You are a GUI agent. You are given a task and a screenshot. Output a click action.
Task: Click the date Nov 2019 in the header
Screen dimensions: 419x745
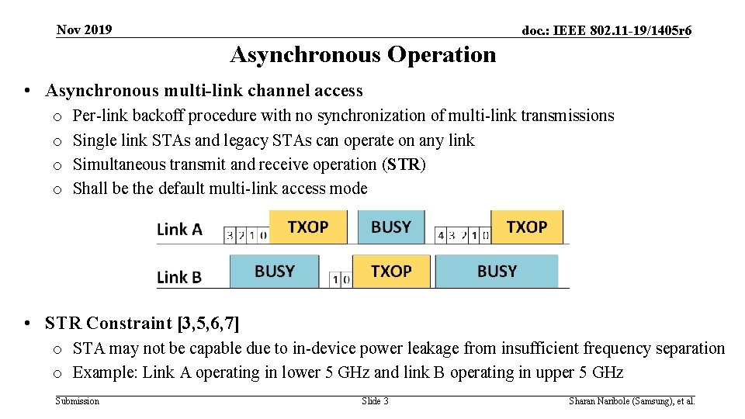[84, 30]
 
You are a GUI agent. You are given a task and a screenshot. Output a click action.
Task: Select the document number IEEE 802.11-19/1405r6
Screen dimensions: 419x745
[607, 31]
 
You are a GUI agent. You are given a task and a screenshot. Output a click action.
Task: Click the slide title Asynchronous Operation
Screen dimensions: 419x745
[362, 55]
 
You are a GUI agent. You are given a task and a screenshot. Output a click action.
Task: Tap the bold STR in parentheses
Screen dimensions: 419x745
[404, 164]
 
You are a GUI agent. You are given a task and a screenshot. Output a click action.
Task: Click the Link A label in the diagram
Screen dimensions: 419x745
[179, 229]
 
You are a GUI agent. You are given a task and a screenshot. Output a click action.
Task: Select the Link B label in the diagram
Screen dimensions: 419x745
[179, 276]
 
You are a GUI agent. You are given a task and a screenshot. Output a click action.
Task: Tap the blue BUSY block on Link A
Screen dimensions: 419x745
[390, 227]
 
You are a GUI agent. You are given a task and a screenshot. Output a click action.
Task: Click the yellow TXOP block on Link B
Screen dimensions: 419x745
[391, 271]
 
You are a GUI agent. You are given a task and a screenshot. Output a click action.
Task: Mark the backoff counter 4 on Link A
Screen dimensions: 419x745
[441, 235]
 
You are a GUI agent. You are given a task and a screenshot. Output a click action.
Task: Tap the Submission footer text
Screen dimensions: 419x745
[78, 401]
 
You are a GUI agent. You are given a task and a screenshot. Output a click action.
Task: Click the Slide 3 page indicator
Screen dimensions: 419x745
[375, 401]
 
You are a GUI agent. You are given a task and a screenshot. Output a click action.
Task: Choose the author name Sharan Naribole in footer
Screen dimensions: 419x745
[601, 401]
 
